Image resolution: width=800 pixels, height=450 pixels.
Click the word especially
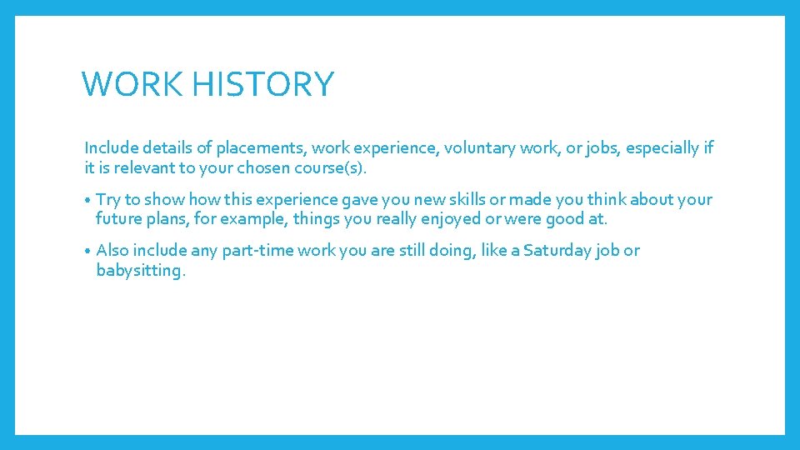click(x=664, y=148)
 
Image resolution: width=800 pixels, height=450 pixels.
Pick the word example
click(x=246, y=220)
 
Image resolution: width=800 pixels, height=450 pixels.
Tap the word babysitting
click(x=138, y=271)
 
